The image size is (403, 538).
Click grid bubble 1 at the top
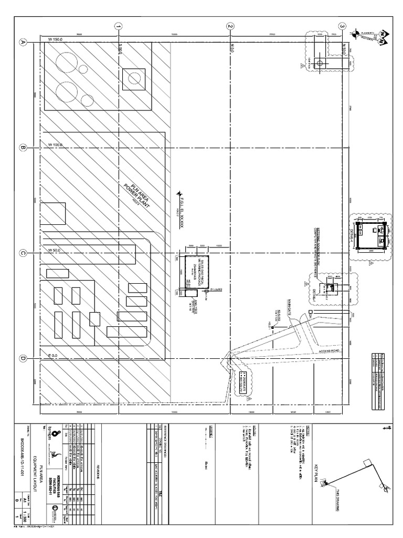click(119, 26)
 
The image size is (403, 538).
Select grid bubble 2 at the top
click(230, 26)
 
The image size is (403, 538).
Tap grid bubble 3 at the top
click(342, 26)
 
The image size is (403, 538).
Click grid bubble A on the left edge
click(23, 43)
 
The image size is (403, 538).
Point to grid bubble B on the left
click(23, 148)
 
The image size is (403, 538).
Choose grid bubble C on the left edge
click(23, 253)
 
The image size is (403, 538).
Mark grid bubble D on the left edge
click(23, 358)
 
